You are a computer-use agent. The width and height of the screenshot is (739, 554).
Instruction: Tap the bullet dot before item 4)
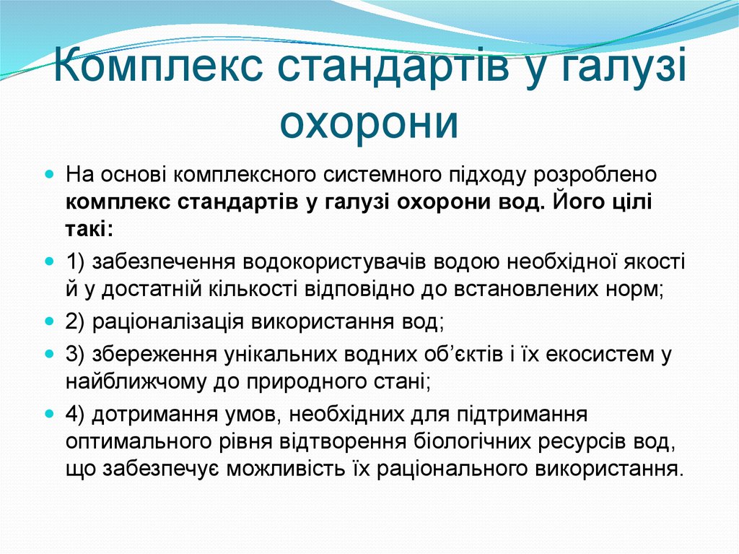click(x=49, y=413)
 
